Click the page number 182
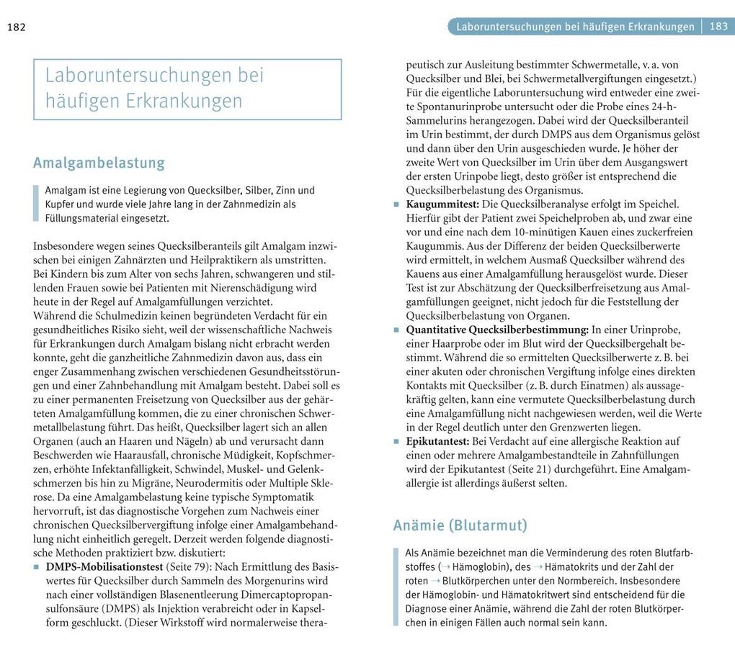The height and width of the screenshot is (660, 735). pos(16,27)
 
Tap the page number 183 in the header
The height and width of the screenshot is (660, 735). pos(718,27)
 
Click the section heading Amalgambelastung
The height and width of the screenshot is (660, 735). pos(99,163)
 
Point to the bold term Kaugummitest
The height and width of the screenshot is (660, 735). pos(442,204)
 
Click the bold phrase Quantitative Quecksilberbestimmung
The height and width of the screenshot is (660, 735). pos(498,330)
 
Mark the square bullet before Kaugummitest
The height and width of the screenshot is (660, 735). pos(396,205)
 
